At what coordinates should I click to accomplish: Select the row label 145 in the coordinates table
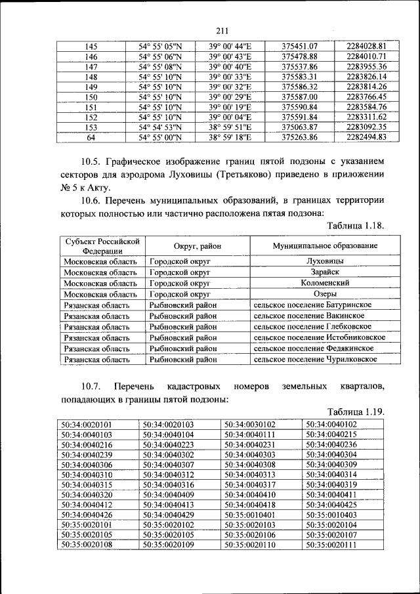tap(91, 47)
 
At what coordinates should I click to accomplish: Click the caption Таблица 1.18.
tap(355, 226)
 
